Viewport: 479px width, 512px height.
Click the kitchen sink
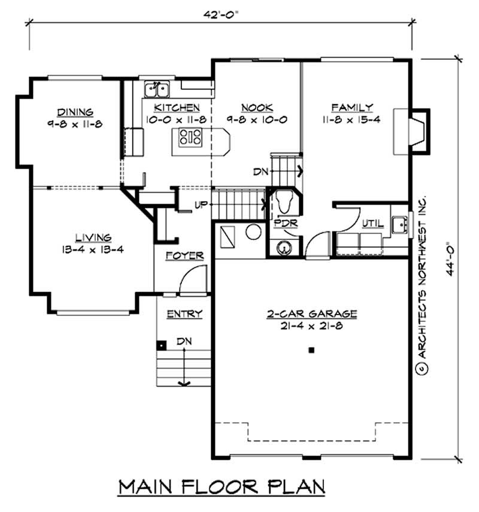pyautogui.click(x=157, y=89)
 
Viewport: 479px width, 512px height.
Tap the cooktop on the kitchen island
pyautogui.click(x=190, y=137)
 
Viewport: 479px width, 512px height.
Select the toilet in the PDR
pyautogui.click(x=283, y=201)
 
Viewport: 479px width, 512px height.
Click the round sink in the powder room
pyautogui.click(x=284, y=248)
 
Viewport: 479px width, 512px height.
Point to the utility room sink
pyautogui.click(x=400, y=225)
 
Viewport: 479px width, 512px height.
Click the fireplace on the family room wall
pyautogui.click(x=412, y=131)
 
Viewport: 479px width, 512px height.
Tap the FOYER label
pyautogui.click(x=185, y=255)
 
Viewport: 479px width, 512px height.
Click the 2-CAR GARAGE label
pyautogui.click(x=312, y=314)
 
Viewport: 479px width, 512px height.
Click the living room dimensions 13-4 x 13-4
pyautogui.click(x=93, y=250)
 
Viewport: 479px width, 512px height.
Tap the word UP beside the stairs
pyautogui.click(x=201, y=205)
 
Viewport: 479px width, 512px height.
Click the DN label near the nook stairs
pyautogui.click(x=260, y=172)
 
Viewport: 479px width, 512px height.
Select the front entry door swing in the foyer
pyautogui.click(x=193, y=279)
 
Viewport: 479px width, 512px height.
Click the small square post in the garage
pyautogui.click(x=311, y=351)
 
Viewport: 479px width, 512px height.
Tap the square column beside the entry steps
pyautogui.click(x=161, y=346)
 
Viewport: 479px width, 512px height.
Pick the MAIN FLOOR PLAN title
pyautogui.click(x=222, y=487)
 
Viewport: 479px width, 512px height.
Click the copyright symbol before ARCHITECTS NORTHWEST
pyautogui.click(x=422, y=369)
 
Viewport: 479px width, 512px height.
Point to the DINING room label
pyautogui.click(x=75, y=112)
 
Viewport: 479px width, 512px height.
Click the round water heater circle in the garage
pyautogui.click(x=253, y=232)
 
